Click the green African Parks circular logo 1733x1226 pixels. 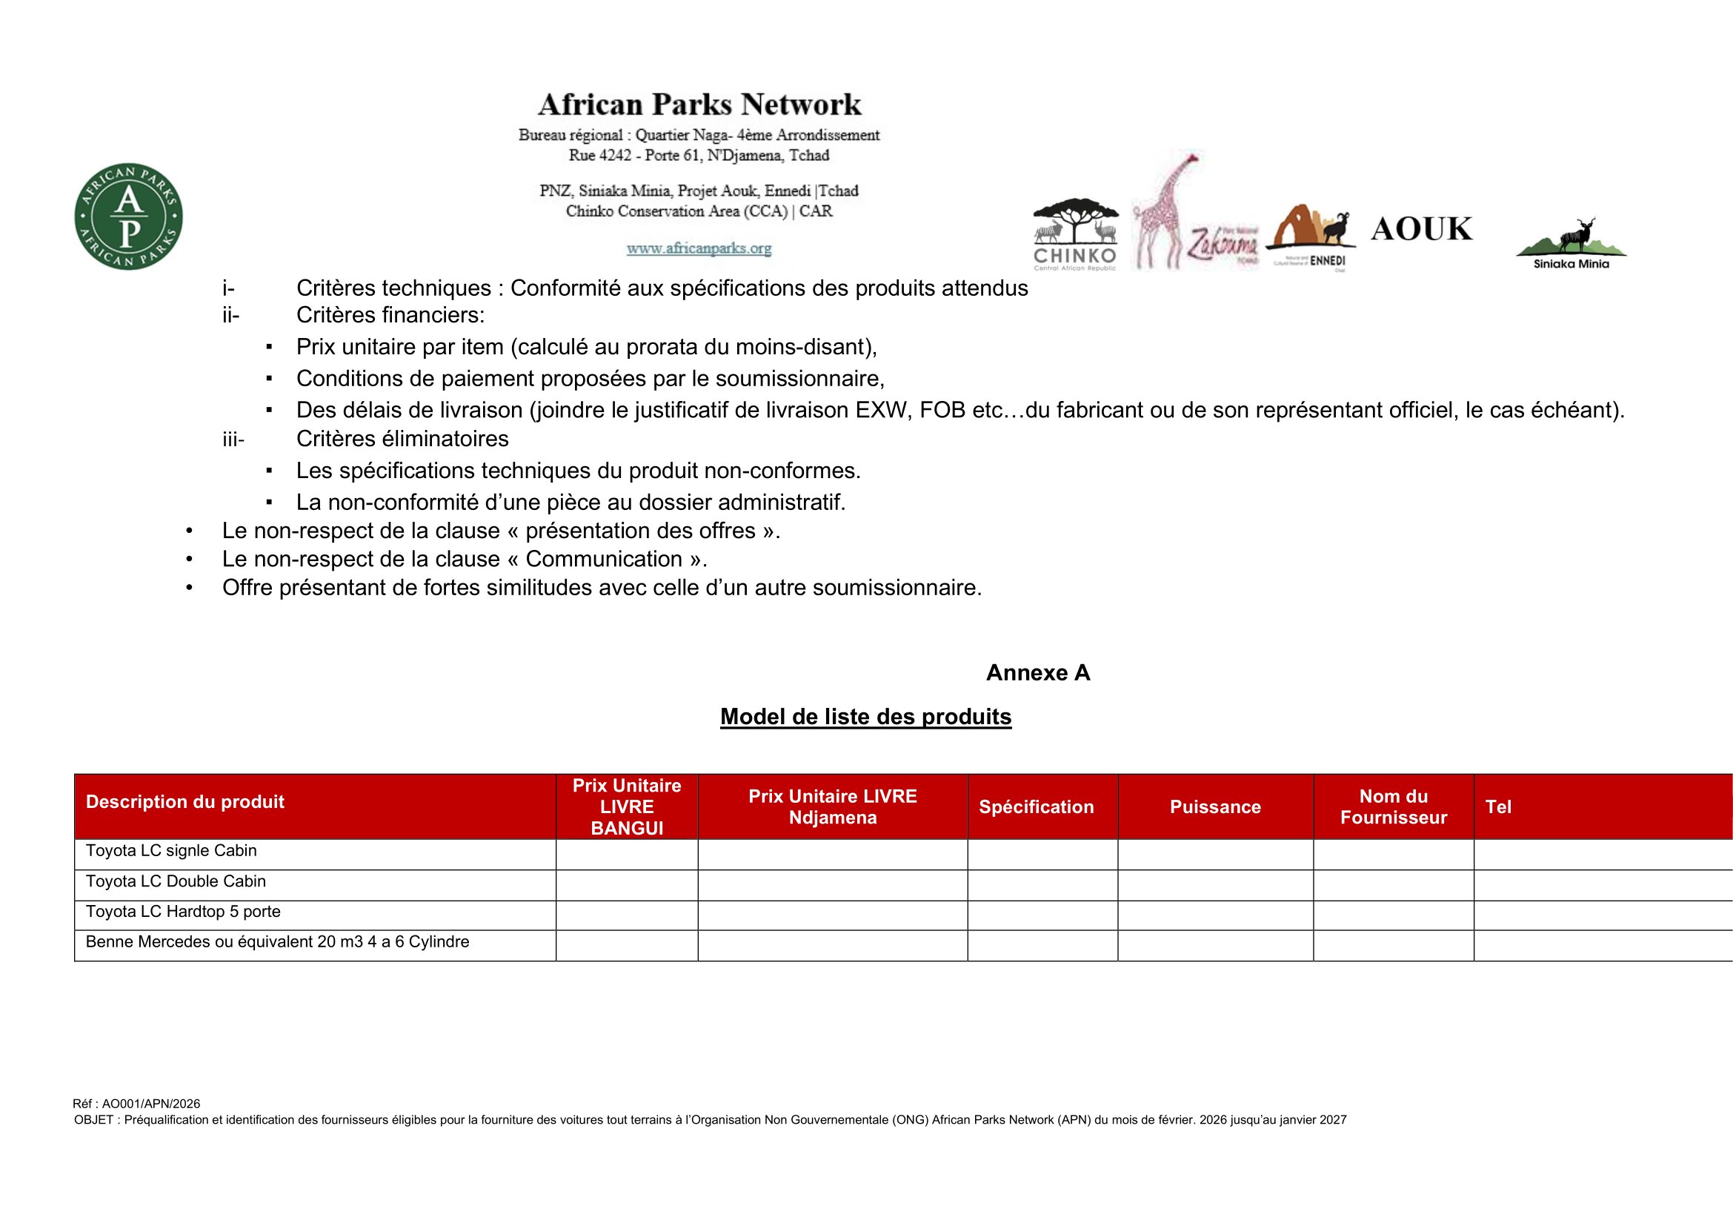pyautogui.click(x=128, y=216)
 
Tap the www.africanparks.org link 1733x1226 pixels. pyautogui.click(x=699, y=248)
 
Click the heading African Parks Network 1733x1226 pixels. pyautogui.click(x=699, y=105)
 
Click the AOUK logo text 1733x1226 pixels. pyautogui.click(x=1421, y=229)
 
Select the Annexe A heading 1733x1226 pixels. pyautogui.click(x=1038, y=672)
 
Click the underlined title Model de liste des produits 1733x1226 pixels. pyautogui.click(x=865, y=717)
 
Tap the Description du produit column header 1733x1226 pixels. pyautogui.click(x=185, y=802)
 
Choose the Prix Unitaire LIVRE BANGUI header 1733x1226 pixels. pyautogui.click(x=627, y=806)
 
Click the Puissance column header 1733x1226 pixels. pyautogui.click(x=1215, y=807)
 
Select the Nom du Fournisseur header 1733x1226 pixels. pyautogui.click(x=1394, y=807)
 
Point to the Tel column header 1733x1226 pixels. pyautogui.click(x=1498, y=807)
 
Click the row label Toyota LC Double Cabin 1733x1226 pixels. pyautogui.click(x=176, y=881)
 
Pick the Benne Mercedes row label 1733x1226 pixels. pyautogui.click(x=277, y=941)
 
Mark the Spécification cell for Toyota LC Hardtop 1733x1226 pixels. pyautogui.click(x=1042, y=915)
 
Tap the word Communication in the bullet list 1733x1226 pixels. pyautogui.click(x=604, y=559)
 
